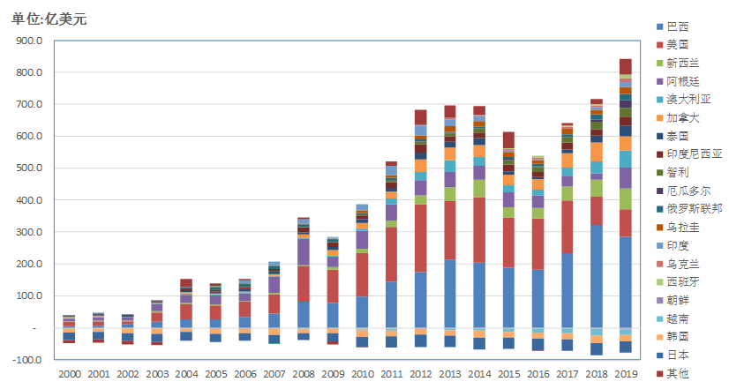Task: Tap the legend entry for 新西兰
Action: tap(683, 63)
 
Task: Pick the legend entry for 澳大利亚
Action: tap(688, 99)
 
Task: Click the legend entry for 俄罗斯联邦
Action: tap(692, 208)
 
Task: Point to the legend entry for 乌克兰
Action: tap(683, 264)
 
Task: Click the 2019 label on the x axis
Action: tap(625, 375)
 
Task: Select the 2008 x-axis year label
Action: tap(304, 375)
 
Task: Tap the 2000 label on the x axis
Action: tap(69, 375)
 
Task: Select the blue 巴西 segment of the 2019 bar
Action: tap(625, 282)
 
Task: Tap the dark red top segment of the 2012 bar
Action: tap(420, 116)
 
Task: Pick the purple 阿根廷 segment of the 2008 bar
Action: tap(304, 251)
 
